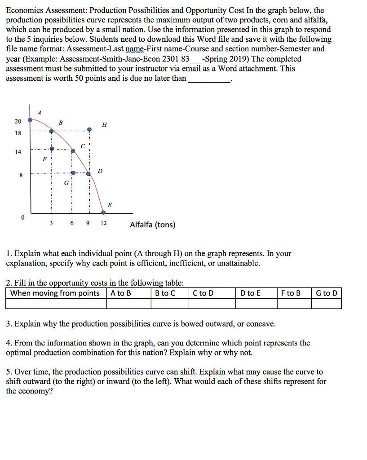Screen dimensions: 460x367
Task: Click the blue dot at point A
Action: click(30, 120)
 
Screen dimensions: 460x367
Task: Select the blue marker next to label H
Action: click(89, 129)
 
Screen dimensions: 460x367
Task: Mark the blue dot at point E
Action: click(103, 212)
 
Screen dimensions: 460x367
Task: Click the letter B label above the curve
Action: click(61, 122)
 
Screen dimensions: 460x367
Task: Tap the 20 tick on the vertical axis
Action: click(18, 121)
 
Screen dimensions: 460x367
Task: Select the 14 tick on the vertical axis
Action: click(18, 152)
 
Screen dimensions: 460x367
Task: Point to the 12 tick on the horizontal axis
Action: click(104, 223)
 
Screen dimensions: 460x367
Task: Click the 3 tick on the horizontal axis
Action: click(51, 223)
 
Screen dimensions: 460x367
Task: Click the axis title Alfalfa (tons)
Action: click(153, 225)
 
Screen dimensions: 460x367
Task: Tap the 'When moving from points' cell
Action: click(55, 293)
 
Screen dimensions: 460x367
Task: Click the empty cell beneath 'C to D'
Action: click(212, 304)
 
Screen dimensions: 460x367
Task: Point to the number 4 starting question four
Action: click(9, 343)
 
